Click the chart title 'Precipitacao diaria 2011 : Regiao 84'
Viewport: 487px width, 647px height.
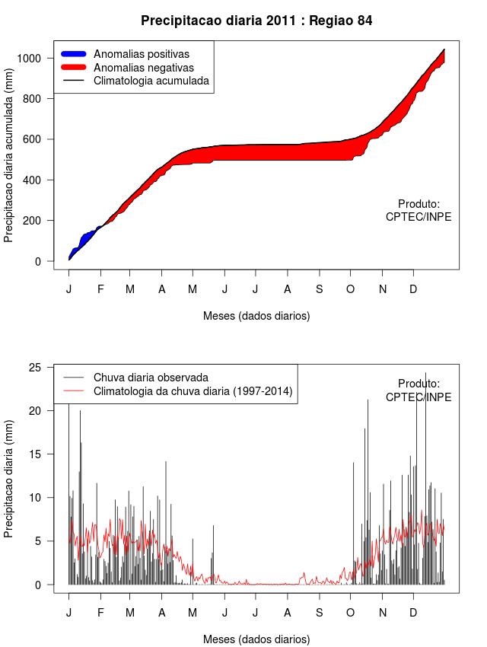pyautogui.click(x=256, y=21)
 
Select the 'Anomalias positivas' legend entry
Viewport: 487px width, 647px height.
pyautogui.click(x=141, y=54)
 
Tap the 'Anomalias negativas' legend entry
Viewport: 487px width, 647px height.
pyautogui.click(x=143, y=67)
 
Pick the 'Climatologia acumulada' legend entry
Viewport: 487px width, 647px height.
pyautogui.click(x=151, y=80)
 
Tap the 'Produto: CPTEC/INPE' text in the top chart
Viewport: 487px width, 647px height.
pyautogui.click(x=419, y=210)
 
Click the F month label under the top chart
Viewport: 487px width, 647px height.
pyautogui.click(x=100, y=289)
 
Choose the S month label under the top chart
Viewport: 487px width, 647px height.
pyautogui.click(x=319, y=289)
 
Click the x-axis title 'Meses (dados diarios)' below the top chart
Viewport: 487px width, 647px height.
pyautogui.click(x=256, y=315)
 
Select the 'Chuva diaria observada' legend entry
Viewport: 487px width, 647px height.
pyautogui.click(x=151, y=377)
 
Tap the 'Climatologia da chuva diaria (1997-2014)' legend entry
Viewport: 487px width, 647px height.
pyautogui.click(x=193, y=391)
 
